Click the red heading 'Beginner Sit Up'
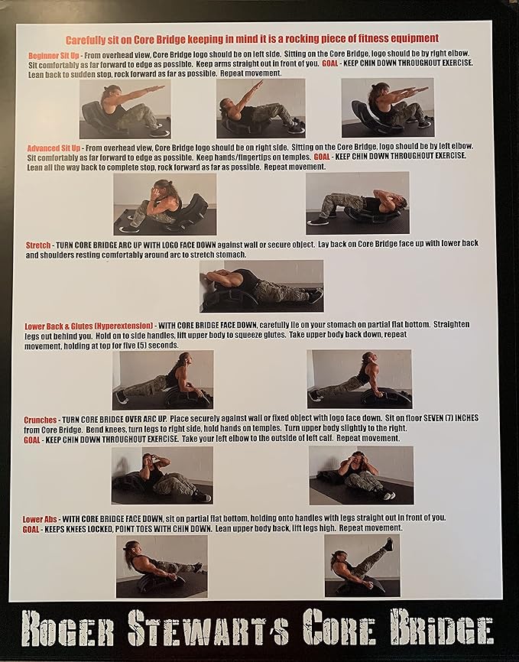point(54,55)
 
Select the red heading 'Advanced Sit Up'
point(54,148)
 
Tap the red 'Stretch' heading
point(38,245)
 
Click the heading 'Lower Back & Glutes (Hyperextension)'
point(89,326)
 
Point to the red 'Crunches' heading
point(40,420)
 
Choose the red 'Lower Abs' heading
point(40,519)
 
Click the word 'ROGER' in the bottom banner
point(67,632)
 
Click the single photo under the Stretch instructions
point(261,286)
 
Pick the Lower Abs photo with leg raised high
point(362,566)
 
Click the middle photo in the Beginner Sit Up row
point(261,109)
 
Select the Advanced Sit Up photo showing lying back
point(357,203)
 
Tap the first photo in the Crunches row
point(162,475)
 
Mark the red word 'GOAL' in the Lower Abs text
point(31,529)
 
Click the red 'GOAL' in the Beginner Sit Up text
point(329,63)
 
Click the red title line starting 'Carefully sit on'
point(252,39)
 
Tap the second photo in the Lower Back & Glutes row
point(359,378)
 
